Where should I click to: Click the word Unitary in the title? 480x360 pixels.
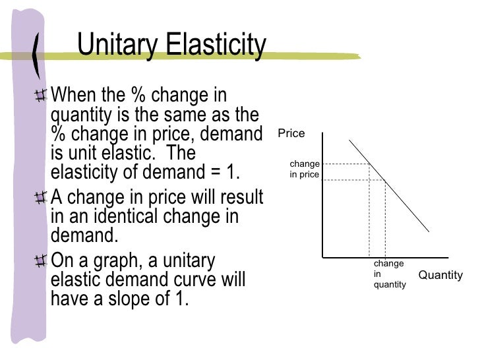pyautogui.click(x=118, y=46)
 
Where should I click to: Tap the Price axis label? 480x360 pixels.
pyautogui.click(x=291, y=133)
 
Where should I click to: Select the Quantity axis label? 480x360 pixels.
pyautogui.click(x=440, y=275)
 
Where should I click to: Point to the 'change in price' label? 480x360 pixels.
pyautogui.click(x=304, y=169)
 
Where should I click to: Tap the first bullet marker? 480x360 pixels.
pyautogui.click(x=41, y=96)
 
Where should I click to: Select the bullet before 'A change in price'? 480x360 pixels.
pyautogui.click(x=41, y=198)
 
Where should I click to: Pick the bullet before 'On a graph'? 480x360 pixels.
pyautogui.click(x=41, y=262)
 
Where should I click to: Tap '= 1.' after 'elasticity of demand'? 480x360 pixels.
pyautogui.click(x=227, y=173)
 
